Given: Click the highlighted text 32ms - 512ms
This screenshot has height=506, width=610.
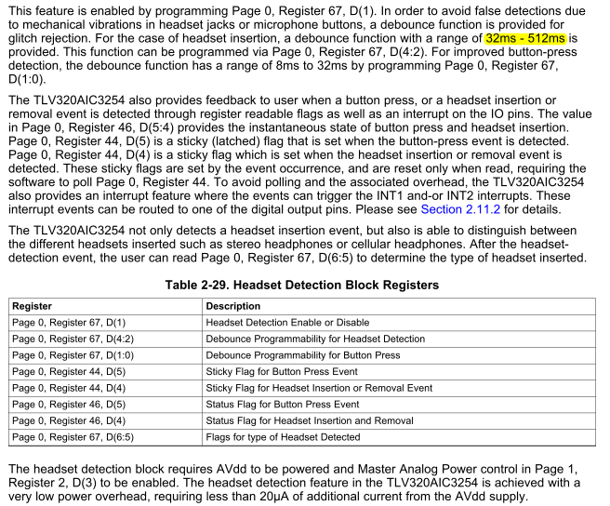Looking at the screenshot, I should (524, 39).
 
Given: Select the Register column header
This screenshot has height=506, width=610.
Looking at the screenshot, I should (33, 306).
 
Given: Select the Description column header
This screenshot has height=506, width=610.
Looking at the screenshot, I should (234, 306).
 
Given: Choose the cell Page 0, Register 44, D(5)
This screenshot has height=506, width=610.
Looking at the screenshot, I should (67, 372).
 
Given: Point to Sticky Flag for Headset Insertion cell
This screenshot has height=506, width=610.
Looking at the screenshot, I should (319, 388).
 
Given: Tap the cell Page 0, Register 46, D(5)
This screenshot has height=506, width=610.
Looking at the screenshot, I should (67, 405).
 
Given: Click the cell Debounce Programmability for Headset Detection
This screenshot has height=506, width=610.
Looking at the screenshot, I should (315, 339).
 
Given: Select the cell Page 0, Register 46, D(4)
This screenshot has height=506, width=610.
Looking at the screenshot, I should (67, 420).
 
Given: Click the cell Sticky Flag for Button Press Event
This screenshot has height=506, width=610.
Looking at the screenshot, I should (282, 372).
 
